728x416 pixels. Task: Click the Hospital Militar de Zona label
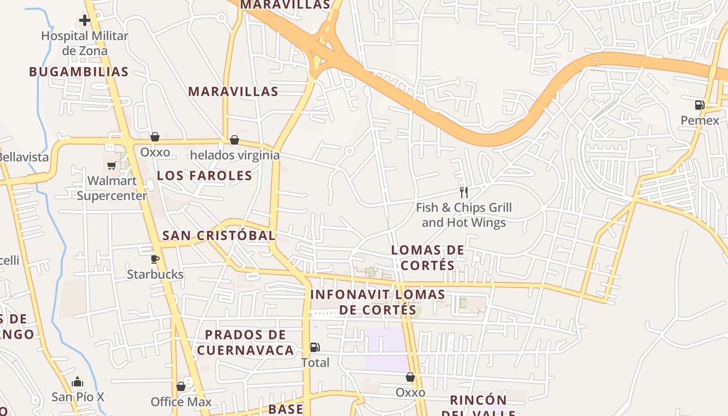click(x=84, y=43)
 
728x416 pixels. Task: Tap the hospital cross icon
click(x=84, y=20)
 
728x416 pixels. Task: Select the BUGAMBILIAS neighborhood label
click(x=79, y=72)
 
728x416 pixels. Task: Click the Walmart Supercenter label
click(x=112, y=188)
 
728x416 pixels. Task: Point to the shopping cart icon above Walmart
click(x=111, y=165)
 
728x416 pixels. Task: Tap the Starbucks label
click(x=155, y=274)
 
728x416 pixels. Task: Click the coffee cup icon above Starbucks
click(x=154, y=258)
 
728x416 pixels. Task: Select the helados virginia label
click(x=235, y=155)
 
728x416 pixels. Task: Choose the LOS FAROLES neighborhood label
click(x=204, y=176)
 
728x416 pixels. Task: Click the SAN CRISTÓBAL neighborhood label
click(x=219, y=235)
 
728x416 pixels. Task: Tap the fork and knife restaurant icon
click(x=463, y=192)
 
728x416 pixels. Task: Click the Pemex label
click(x=700, y=121)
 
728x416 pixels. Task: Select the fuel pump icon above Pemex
click(x=700, y=105)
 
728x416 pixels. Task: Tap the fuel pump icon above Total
click(x=315, y=347)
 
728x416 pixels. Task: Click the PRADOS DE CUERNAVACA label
click(x=245, y=342)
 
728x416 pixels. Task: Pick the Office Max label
click(x=181, y=401)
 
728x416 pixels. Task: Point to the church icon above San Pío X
click(x=77, y=382)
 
